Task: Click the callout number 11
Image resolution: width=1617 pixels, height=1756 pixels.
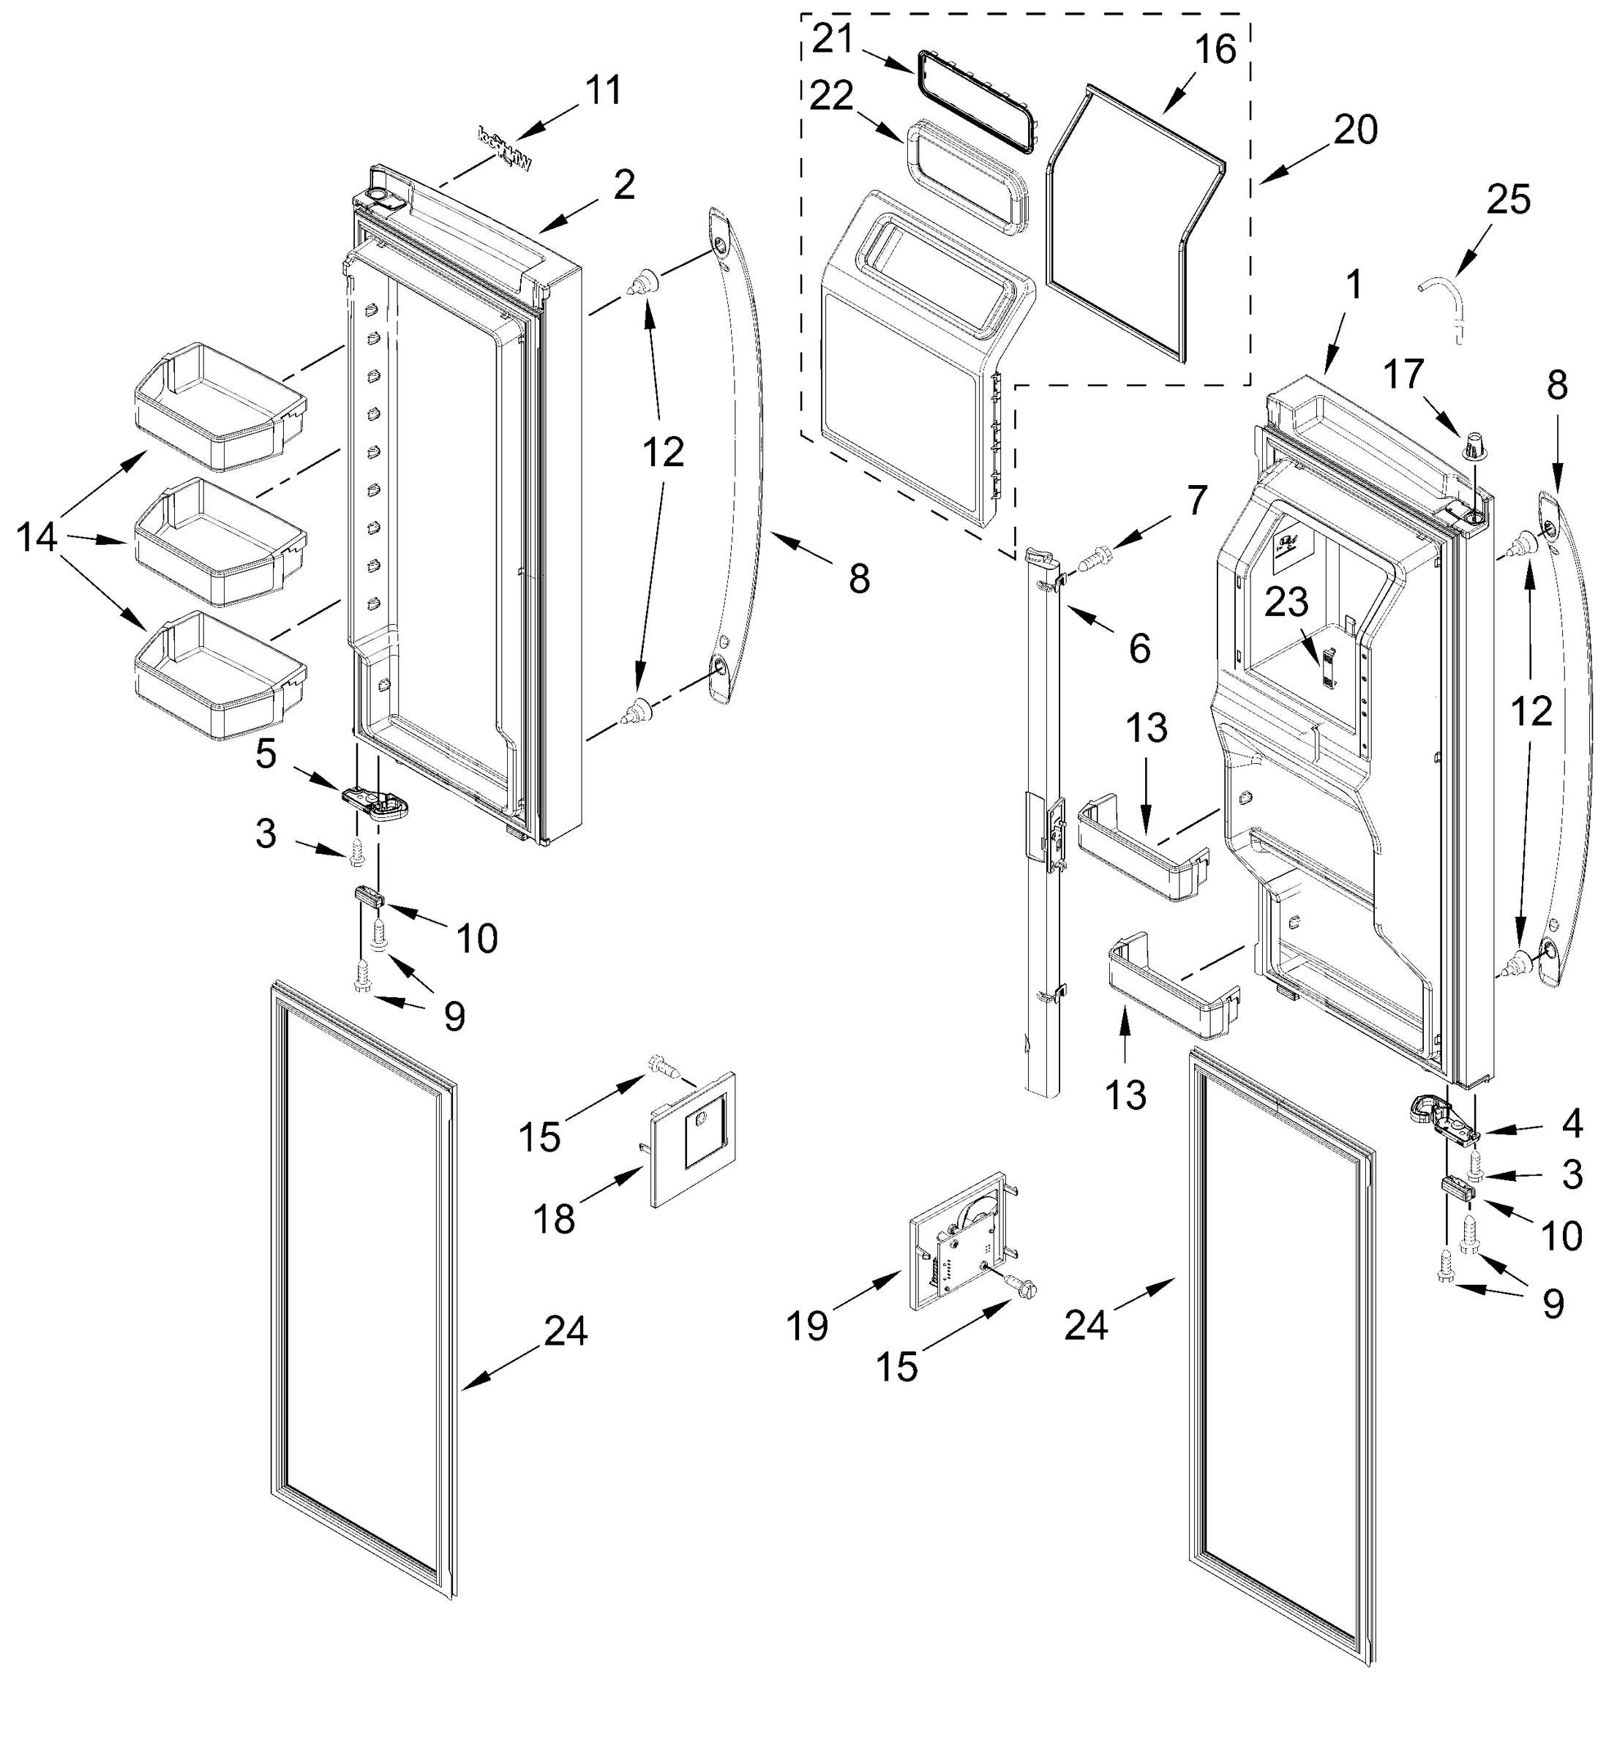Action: point(603,90)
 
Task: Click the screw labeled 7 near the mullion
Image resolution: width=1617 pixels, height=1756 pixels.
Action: point(1094,557)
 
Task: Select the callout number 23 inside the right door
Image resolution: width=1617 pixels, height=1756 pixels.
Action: point(1286,602)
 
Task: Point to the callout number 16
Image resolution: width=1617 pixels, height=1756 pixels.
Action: point(1215,50)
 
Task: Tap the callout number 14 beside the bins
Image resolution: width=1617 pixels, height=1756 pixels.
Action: point(37,538)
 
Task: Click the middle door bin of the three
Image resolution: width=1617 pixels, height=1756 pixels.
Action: point(219,542)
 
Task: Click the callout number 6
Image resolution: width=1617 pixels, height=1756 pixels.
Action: point(1139,648)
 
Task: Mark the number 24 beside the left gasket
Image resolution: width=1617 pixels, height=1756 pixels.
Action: point(566,1332)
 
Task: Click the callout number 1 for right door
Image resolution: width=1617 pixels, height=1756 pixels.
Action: point(1353,285)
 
